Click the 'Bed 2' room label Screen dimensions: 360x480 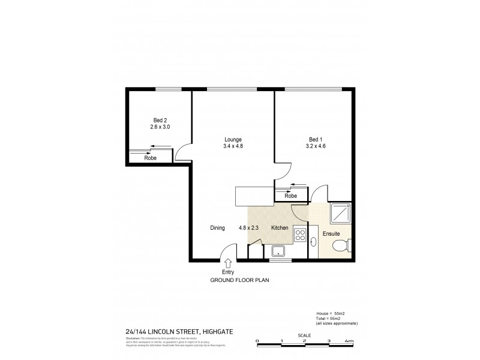(x=160, y=120)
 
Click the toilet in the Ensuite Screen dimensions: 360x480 (x=342, y=245)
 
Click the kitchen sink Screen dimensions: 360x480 (x=278, y=251)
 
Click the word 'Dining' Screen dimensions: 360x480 (x=217, y=228)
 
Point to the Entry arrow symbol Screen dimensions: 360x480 (x=228, y=263)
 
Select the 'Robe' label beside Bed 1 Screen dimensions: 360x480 (x=290, y=196)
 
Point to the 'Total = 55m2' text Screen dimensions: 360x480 (x=331, y=318)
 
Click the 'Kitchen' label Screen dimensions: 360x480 (x=280, y=228)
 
